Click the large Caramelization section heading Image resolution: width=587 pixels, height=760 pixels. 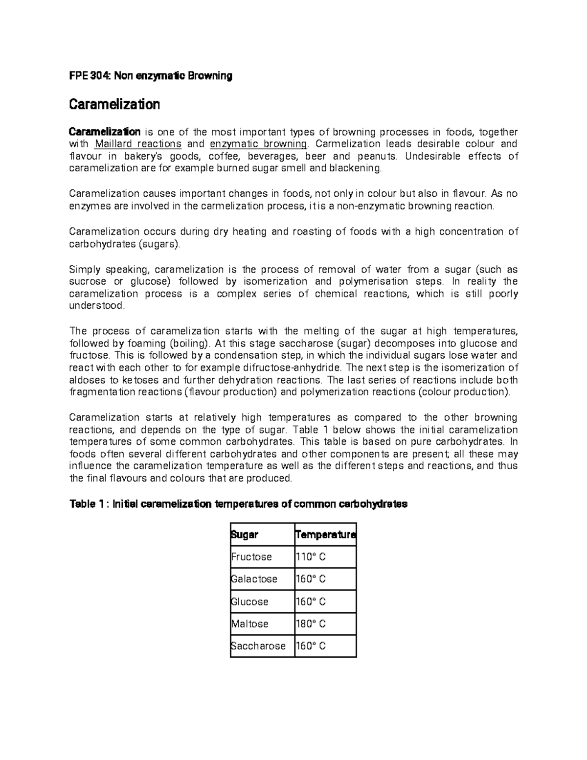tap(114, 104)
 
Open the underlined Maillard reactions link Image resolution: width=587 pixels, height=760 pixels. tap(138, 144)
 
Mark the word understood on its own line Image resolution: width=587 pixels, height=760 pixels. tap(97, 306)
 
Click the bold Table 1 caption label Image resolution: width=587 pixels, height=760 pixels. tap(88, 504)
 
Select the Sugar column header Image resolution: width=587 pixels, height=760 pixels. tap(245, 535)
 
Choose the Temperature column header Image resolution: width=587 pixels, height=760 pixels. tap(326, 535)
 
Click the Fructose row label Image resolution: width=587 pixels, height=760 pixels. tap(251, 557)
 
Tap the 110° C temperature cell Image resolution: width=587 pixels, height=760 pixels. tap(311, 557)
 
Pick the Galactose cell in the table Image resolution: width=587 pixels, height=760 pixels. tap(254, 579)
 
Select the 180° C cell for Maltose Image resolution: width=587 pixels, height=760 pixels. tap(311, 624)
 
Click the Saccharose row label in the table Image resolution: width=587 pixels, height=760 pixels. tap(258, 646)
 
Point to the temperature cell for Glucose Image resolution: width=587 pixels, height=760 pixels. tap(311, 601)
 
